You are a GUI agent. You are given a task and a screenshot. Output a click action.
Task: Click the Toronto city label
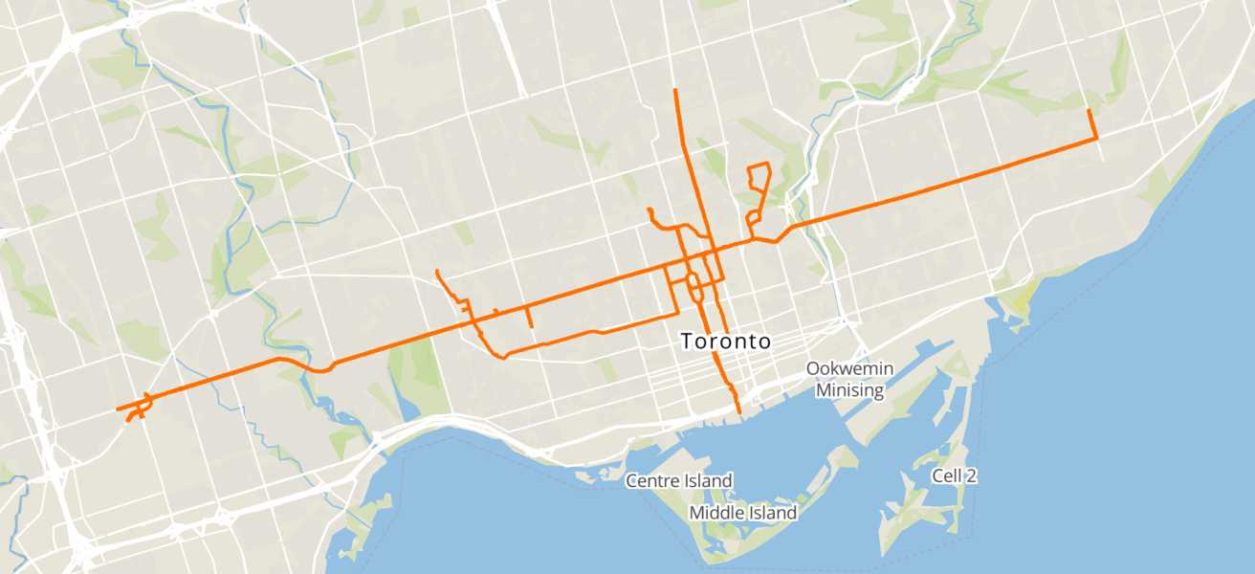[x=725, y=342]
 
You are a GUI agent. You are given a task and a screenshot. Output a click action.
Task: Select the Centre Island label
[x=679, y=480]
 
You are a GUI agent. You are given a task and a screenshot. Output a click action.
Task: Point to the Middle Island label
[x=743, y=513]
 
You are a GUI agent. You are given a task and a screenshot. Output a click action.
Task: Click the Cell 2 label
[x=954, y=475]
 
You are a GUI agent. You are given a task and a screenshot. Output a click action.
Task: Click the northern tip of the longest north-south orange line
[x=675, y=90]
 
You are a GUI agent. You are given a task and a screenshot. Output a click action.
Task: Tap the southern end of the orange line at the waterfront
[x=739, y=412]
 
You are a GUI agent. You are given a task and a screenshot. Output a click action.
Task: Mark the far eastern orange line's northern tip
[x=1090, y=111]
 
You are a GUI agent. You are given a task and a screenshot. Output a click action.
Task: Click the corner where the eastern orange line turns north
[x=1095, y=140]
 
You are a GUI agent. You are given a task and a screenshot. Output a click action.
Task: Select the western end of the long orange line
[x=117, y=410]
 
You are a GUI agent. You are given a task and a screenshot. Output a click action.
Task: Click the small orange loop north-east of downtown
[x=759, y=176]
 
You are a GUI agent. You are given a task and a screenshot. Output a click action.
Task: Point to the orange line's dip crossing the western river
[x=320, y=370]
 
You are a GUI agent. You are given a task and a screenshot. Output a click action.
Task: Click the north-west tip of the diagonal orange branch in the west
[x=436, y=272]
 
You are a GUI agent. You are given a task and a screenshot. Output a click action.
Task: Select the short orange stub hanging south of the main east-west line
[x=529, y=319]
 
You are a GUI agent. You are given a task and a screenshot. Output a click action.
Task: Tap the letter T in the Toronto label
[x=686, y=342]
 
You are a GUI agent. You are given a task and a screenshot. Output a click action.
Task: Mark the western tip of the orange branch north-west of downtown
[x=649, y=210]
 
